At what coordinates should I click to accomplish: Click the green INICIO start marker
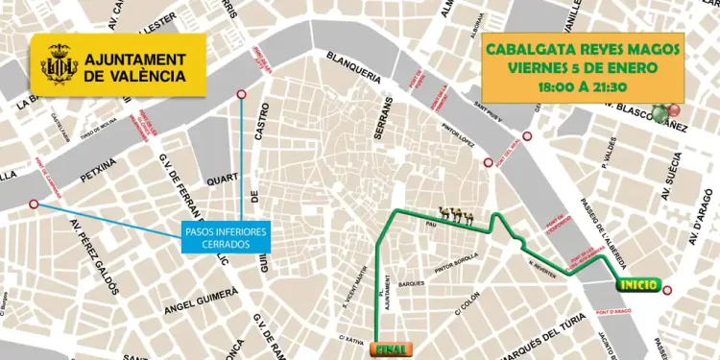pyautogui.click(x=638, y=285)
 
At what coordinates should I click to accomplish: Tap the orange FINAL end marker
pyautogui.click(x=390, y=349)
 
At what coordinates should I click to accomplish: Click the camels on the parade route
pyautogui.click(x=456, y=216)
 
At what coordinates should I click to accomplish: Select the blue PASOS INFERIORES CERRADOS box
pyautogui.click(x=225, y=237)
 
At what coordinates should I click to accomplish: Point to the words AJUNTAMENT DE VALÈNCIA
pyautogui.click(x=134, y=67)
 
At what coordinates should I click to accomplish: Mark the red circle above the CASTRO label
pyautogui.click(x=241, y=94)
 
